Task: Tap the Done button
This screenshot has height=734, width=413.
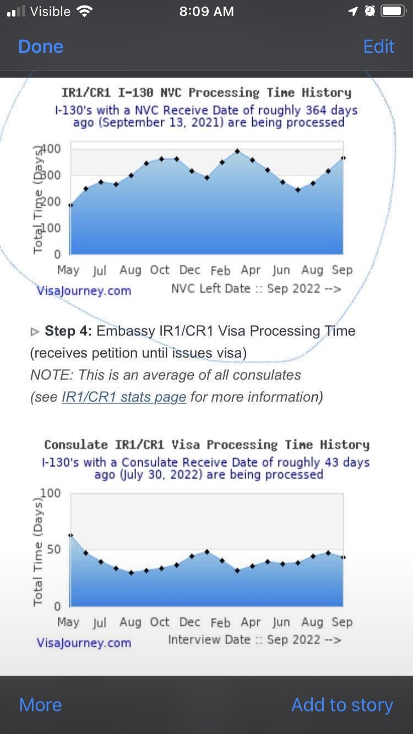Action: [41, 47]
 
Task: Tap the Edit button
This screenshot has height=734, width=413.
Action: [378, 47]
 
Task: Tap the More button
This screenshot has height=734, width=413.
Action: [40, 704]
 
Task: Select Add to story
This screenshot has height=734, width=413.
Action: [342, 704]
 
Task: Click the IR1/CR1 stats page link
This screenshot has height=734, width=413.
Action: [124, 397]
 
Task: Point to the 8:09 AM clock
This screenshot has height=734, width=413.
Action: [206, 12]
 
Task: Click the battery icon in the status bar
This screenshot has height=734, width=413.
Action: [393, 11]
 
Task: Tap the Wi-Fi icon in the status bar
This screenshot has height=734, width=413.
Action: [84, 12]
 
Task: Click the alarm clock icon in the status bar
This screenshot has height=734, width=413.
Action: [370, 11]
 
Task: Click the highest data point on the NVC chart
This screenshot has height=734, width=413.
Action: [237, 151]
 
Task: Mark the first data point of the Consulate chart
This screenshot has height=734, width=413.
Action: [70, 535]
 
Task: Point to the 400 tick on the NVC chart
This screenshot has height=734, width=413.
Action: [51, 149]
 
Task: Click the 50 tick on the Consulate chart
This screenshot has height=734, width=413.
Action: [54, 549]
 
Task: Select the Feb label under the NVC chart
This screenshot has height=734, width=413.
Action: [220, 270]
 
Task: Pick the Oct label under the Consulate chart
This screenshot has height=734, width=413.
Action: [160, 622]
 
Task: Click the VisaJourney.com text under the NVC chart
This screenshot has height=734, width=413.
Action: [84, 291]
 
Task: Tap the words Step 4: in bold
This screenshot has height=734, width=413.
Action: [68, 331]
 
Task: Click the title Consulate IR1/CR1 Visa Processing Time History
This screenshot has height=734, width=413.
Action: [207, 445]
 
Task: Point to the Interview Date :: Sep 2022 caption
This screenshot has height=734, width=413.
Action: [254, 639]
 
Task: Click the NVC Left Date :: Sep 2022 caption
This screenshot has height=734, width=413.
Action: [256, 289]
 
